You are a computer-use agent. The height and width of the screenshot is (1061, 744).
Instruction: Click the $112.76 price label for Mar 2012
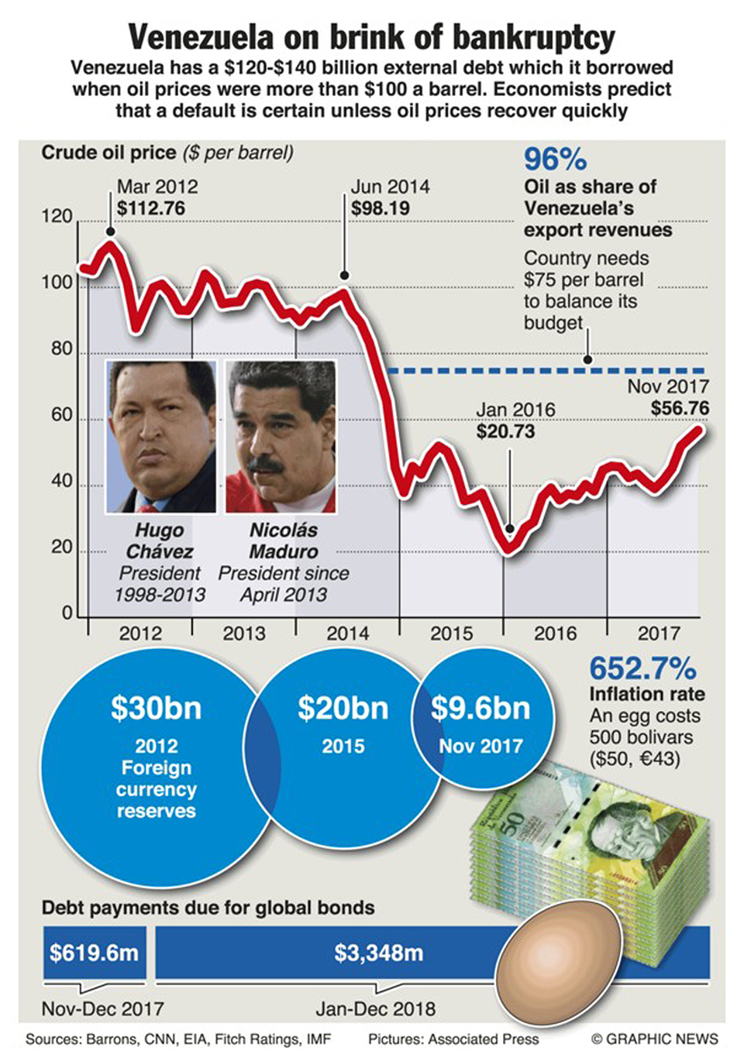(x=151, y=208)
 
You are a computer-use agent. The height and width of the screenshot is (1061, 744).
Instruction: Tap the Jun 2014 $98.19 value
(x=381, y=208)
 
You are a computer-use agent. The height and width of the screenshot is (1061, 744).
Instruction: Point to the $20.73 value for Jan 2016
(x=505, y=431)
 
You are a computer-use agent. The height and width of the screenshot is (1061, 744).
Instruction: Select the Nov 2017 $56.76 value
(x=679, y=408)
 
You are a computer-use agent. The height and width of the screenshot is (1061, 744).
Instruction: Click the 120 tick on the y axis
(x=57, y=216)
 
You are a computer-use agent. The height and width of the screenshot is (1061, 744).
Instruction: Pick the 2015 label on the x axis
(x=451, y=634)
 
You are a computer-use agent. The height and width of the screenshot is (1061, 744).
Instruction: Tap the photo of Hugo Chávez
(x=161, y=436)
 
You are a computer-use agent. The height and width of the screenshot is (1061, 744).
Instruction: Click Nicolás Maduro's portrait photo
(x=281, y=436)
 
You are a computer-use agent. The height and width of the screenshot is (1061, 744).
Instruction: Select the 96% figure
(x=555, y=160)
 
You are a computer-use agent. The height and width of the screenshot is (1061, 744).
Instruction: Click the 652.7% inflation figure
(x=642, y=668)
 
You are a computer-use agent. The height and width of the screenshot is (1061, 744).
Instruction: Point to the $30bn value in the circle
(x=156, y=708)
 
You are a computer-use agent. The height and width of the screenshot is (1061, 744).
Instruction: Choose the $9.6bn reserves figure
(x=480, y=708)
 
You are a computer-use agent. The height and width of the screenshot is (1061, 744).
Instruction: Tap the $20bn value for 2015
(x=343, y=708)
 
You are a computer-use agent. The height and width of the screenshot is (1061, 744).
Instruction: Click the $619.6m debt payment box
(x=94, y=953)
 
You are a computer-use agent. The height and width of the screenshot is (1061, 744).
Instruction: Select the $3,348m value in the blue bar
(x=379, y=953)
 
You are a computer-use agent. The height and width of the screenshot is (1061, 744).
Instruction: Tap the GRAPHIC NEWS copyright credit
(x=655, y=1039)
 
